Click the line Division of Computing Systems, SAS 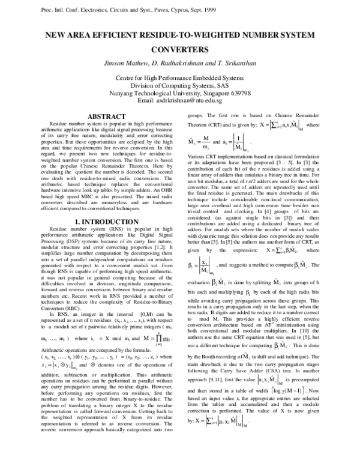coord(179,85)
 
